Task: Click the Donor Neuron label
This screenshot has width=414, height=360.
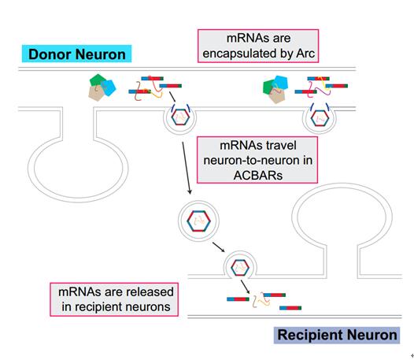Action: pyautogui.click(x=77, y=54)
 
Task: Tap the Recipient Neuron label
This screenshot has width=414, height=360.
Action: pyautogui.click(x=337, y=335)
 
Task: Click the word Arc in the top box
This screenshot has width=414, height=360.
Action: pyautogui.click(x=305, y=54)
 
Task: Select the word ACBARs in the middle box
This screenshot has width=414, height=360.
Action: pyautogui.click(x=258, y=175)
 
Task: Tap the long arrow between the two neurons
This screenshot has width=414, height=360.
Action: pyautogui.click(x=186, y=169)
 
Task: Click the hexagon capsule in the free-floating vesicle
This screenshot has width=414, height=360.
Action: pyautogui.click(x=198, y=221)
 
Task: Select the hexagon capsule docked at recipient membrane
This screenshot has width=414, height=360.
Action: pyautogui.click(x=240, y=268)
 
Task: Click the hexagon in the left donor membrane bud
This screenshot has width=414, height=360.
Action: pyautogui.click(x=180, y=117)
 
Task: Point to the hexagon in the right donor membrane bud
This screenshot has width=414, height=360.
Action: pyautogui.click(x=320, y=118)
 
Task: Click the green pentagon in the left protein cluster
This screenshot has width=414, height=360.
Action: pyautogui.click(x=98, y=80)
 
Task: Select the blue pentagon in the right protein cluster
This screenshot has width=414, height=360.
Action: pyautogui.click(x=281, y=83)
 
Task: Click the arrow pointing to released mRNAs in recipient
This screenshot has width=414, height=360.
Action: pyautogui.click(x=245, y=287)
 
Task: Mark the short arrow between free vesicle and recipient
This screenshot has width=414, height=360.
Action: pyautogui.click(x=219, y=247)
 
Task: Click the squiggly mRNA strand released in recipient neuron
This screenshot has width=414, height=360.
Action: pyautogui.click(x=261, y=300)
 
